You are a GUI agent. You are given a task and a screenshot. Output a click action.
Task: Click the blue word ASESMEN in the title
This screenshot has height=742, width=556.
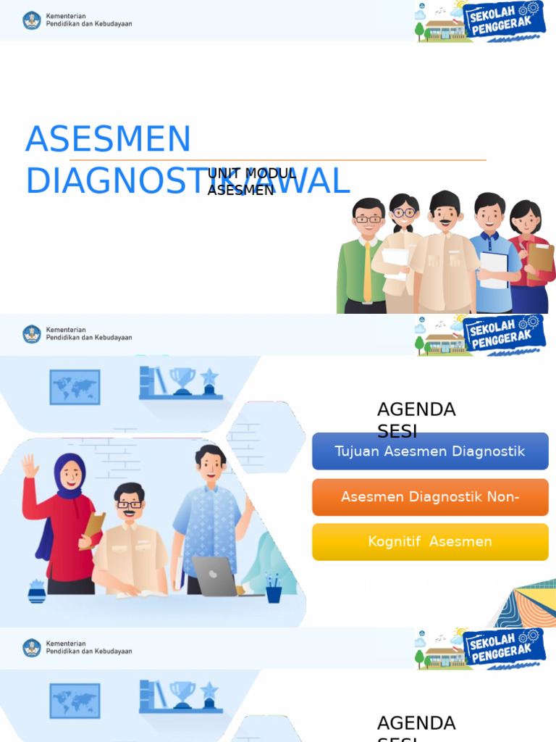pos(109,139)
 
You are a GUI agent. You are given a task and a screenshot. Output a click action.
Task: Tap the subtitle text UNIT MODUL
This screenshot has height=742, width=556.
pos(252,174)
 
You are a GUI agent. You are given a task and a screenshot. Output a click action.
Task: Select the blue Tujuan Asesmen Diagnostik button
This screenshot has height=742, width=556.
pos(430,451)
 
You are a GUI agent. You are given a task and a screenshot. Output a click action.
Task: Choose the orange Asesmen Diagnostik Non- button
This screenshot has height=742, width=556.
pos(430,497)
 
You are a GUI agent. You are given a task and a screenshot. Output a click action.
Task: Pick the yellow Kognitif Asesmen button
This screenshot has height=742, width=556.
pos(430,542)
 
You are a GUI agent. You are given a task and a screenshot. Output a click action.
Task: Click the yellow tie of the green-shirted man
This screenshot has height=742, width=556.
pos(367,272)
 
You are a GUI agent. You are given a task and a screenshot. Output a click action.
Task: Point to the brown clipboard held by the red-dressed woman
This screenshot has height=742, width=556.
pos(540,260)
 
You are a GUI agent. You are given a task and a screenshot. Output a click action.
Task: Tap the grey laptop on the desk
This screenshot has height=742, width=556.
pos(214,577)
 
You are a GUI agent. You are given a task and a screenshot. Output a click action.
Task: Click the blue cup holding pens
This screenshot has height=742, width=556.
pos(274,594)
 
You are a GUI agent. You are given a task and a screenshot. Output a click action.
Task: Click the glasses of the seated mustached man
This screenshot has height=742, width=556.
pos(130,504)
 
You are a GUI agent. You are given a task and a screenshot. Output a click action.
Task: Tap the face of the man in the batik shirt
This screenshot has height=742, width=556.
pos(211,466)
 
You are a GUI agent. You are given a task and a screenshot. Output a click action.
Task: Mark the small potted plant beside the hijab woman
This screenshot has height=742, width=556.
pos(37,591)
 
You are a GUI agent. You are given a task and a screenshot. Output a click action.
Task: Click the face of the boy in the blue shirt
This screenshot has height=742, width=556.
pos(490,215)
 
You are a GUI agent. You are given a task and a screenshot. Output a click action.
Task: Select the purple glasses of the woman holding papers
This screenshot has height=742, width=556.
pos(404,213)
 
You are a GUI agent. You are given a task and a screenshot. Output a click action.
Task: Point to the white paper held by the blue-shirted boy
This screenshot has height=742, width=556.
pos(493,270)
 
